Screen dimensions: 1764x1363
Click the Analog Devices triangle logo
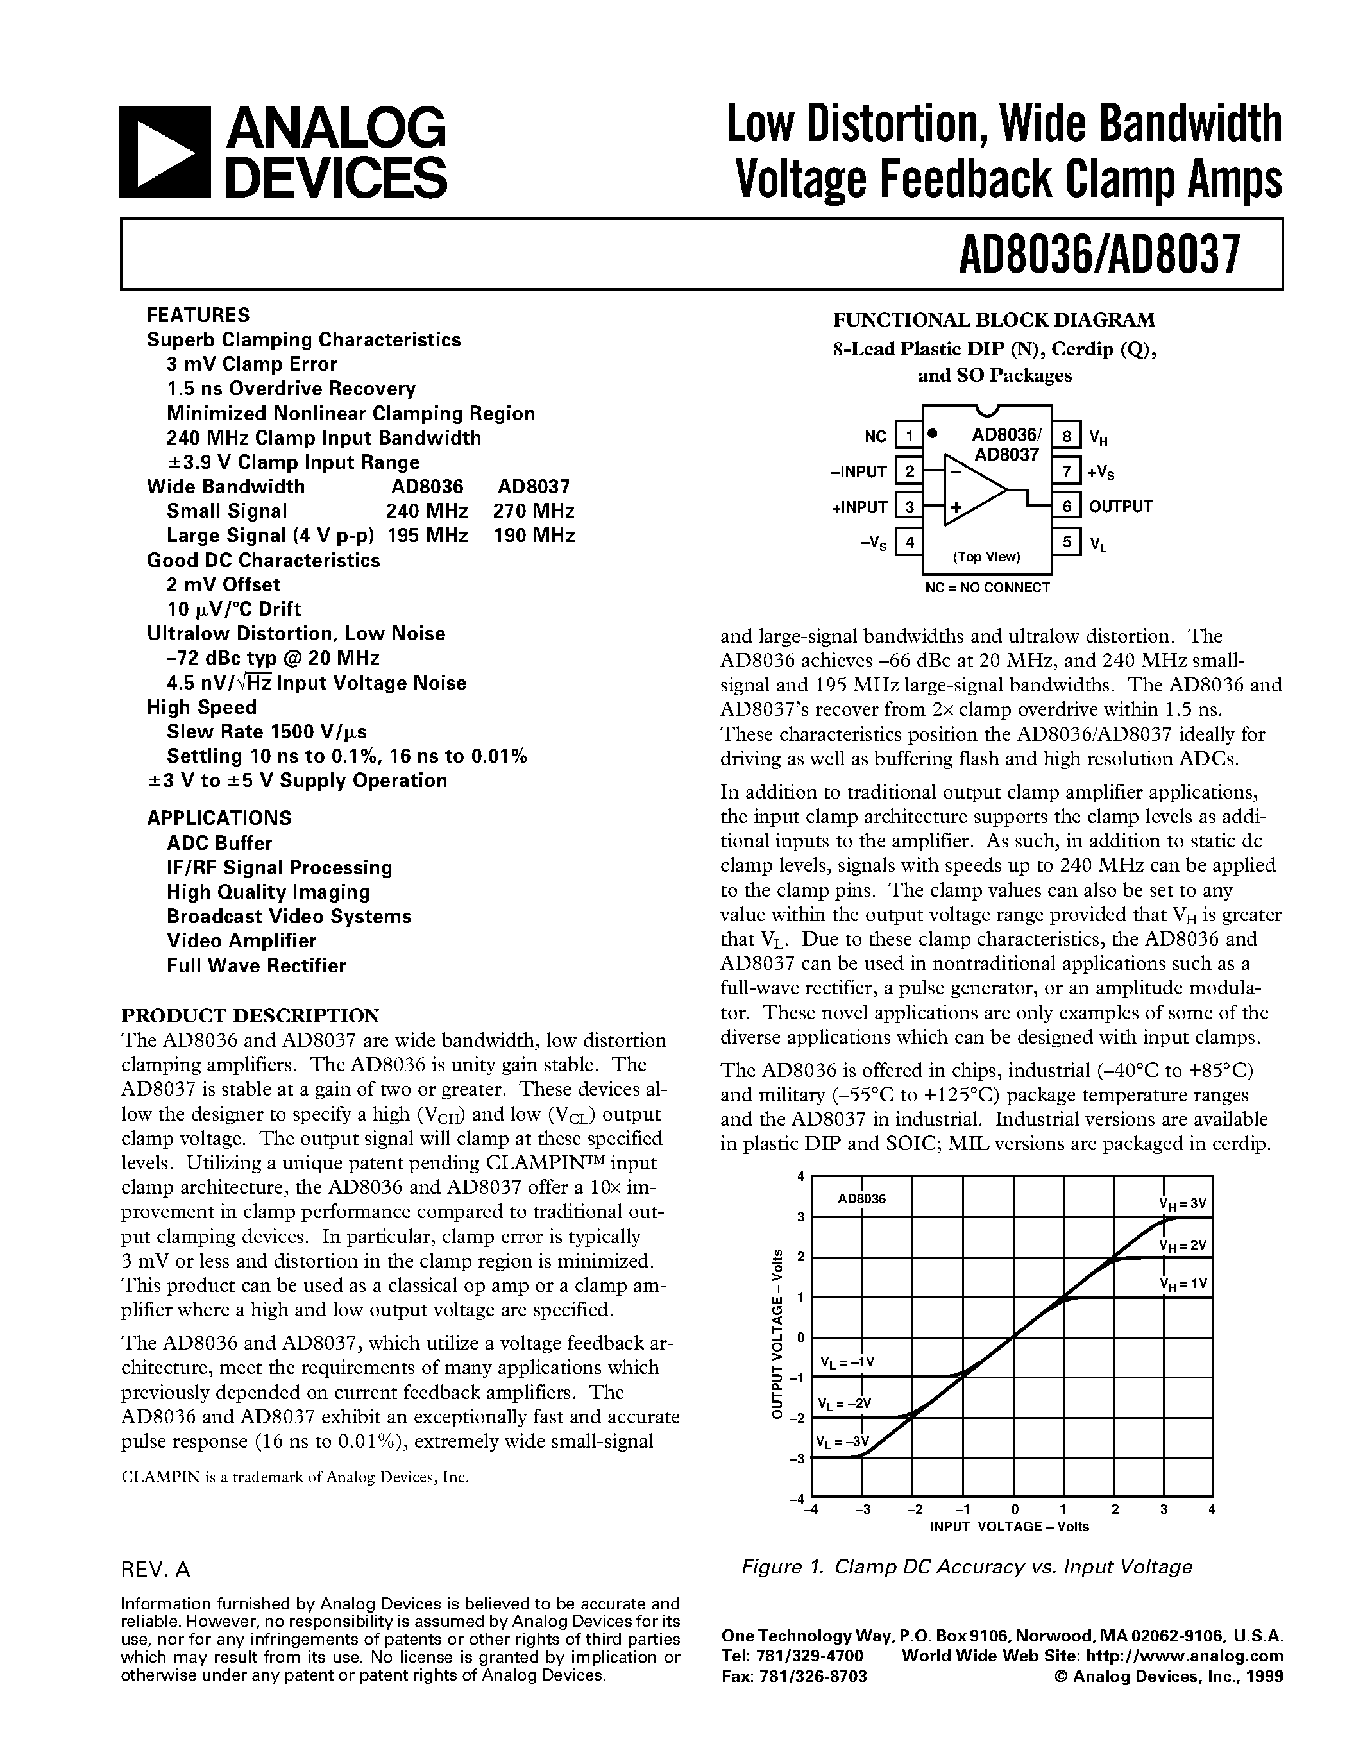point(165,153)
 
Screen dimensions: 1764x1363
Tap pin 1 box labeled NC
point(910,437)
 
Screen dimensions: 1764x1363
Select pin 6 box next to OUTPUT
point(1067,506)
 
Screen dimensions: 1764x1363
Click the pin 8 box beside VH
point(1067,437)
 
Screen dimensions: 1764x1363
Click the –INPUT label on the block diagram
point(858,471)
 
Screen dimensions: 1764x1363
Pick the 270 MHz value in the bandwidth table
point(534,511)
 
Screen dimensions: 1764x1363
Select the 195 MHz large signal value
point(427,536)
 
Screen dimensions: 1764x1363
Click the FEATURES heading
point(198,315)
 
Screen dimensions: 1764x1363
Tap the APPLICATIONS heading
point(219,817)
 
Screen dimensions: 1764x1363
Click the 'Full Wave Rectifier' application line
point(256,965)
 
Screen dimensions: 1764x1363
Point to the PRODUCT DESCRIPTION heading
point(250,1015)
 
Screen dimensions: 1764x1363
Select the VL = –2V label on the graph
point(845,1403)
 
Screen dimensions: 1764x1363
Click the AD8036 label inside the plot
point(861,1199)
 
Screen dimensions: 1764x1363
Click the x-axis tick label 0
point(1014,1509)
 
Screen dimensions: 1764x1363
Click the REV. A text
point(155,1570)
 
